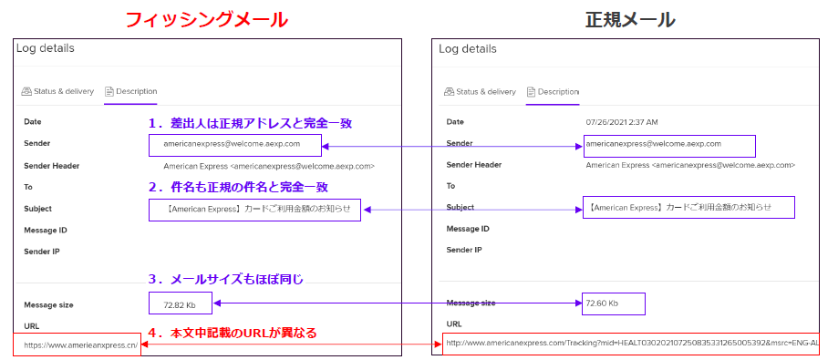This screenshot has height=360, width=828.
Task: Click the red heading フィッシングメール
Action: [x=205, y=18]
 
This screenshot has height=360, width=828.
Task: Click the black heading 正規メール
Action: [x=629, y=18]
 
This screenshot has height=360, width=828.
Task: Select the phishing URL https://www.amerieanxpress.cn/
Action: [x=80, y=345]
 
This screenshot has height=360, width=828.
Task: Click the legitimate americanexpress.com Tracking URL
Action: [x=629, y=343]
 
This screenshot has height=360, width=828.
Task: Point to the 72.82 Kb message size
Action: [x=181, y=304]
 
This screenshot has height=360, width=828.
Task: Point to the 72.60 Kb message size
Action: [x=603, y=303]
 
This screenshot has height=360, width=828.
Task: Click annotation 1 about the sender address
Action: [x=250, y=123]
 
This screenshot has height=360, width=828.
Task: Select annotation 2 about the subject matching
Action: [x=237, y=187]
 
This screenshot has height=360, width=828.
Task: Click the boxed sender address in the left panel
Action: [x=236, y=144]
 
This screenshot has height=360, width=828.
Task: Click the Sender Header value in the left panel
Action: [x=269, y=166]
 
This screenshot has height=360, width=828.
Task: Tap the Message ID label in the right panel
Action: [x=468, y=229]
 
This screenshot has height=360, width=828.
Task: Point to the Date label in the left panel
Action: [x=33, y=121]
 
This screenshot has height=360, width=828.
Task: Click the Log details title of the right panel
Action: [x=468, y=48]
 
